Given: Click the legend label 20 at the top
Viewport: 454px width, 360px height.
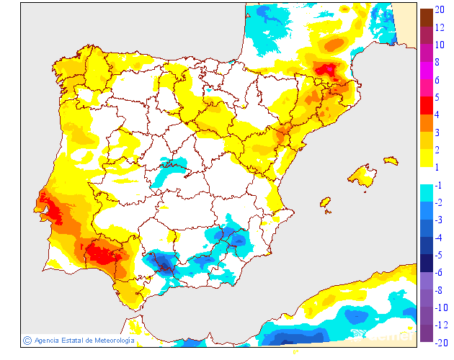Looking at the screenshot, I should [440, 9].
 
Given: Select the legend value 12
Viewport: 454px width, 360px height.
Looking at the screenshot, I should [440, 27].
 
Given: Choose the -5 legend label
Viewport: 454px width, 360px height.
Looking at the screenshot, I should [439, 255].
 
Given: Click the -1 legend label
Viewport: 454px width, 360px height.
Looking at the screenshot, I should [439, 184].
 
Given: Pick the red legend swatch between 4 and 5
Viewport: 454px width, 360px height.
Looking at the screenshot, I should [427, 106].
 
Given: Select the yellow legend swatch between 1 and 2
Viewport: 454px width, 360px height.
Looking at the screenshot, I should [427, 158].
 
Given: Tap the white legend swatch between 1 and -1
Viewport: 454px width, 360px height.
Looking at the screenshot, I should [427, 176].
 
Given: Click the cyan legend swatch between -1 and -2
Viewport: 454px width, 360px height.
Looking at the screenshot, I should [427, 194].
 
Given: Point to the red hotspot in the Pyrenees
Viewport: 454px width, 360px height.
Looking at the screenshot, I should [327, 69].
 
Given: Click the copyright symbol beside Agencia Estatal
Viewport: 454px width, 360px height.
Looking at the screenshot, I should [27, 340].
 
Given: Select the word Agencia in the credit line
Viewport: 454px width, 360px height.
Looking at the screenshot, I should [46, 340].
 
